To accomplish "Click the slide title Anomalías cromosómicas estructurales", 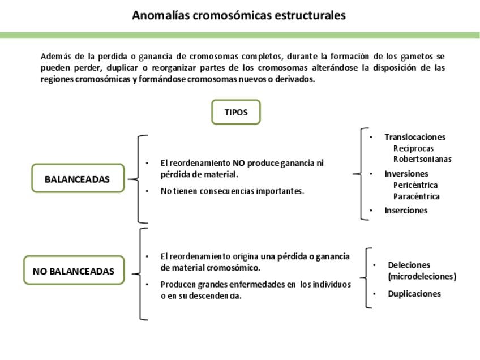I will [238, 15].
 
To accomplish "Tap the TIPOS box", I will [236, 112].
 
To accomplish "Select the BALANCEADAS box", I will [77, 179].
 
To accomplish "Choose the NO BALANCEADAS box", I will [74, 271].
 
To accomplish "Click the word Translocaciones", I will [415, 137].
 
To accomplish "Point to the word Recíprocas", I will [413, 148].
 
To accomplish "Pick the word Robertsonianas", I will [422, 159].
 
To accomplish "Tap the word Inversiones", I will [406, 174].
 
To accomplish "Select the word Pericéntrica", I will [415, 185].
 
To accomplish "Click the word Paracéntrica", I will [416, 196].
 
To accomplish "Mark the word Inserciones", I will [406, 211].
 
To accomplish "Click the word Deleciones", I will [409, 265].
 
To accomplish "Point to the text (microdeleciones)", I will [422, 277].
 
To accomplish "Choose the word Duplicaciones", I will [414, 294].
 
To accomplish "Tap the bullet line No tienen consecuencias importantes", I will [232, 191].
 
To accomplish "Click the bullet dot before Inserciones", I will [371, 211].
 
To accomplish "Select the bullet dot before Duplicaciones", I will [374, 294].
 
